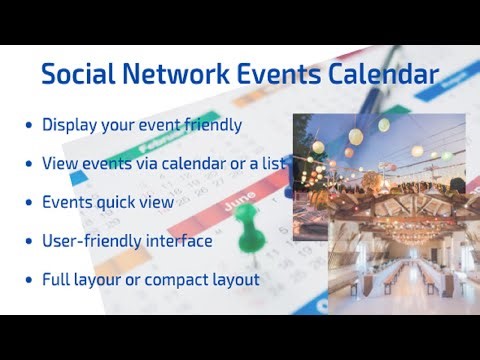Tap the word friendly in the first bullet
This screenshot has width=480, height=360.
coord(208,126)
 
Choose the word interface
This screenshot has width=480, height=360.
coord(179,242)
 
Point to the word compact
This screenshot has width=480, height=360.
coord(183,280)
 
